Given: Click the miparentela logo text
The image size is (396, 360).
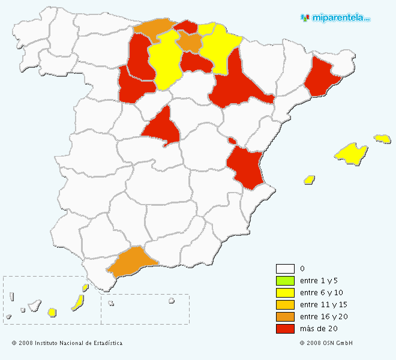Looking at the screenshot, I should (x=340, y=18).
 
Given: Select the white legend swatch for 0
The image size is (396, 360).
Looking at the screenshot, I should (x=285, y=268).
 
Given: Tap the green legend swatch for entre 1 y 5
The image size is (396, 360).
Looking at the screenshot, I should (x=285, y=280).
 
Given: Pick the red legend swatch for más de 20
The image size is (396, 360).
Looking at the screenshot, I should (x=285, y=328).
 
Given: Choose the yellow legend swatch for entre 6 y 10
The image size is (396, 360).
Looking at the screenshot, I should (x=285, y=292).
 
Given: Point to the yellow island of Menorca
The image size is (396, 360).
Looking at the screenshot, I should (x=382, y=139).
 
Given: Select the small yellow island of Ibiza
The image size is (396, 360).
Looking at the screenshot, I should (x=310, y=179).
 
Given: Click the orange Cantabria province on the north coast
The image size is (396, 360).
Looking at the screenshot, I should (x=153, y=27).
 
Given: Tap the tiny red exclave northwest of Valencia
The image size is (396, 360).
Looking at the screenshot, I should (x=232, y=141).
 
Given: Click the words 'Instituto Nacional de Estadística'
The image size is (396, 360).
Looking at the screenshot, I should (x=78, y=343).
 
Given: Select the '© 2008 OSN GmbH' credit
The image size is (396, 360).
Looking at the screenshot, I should (x=326, y=343).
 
